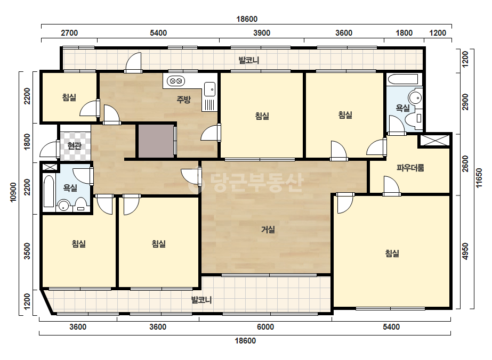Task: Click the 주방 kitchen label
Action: point(183,100)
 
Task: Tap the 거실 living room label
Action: point(268,230)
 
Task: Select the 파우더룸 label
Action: point(410,168)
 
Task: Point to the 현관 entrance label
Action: point(75,145)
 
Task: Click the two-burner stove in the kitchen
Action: point(176,81)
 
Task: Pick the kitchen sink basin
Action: point(210,89)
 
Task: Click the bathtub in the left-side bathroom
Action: point(49,191)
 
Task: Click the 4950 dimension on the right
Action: point(466,251)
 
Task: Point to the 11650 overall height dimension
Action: point(479,178)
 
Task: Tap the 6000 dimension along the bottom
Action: point(265,327)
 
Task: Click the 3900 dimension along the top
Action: point(262,33)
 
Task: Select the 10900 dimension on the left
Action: point(13,192)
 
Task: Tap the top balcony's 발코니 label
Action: point(249,60)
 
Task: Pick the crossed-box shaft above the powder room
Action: point(434,140)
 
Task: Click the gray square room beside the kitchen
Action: point(156,141)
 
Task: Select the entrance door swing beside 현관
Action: point(49,149)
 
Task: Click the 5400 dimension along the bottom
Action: point(391,327)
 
